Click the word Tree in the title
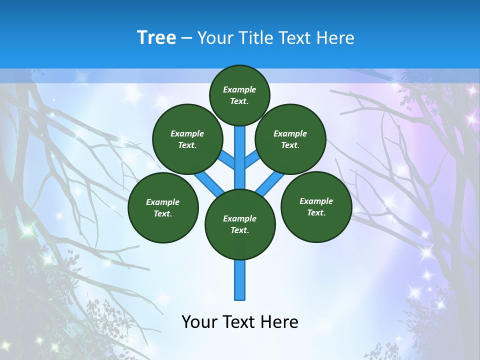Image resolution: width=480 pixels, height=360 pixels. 156,38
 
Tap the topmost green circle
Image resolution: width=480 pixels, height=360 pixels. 239,95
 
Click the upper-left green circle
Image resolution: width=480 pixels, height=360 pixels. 187,139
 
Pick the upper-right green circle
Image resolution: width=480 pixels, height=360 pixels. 290,139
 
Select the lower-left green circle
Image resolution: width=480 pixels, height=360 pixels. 163,207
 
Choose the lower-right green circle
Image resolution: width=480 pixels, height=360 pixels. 316,206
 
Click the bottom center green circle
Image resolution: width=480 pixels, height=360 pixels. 240,224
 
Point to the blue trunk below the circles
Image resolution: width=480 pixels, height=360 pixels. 240,280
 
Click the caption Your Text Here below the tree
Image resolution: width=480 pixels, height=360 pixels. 240,322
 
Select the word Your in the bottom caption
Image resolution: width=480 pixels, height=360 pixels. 198,322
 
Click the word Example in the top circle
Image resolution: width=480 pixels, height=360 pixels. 239,89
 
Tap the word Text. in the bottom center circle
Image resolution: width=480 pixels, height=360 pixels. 239,230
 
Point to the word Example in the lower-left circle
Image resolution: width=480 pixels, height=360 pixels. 163,202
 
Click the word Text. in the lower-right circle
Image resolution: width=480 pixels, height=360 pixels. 316,212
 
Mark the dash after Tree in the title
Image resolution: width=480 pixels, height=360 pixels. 186,38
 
